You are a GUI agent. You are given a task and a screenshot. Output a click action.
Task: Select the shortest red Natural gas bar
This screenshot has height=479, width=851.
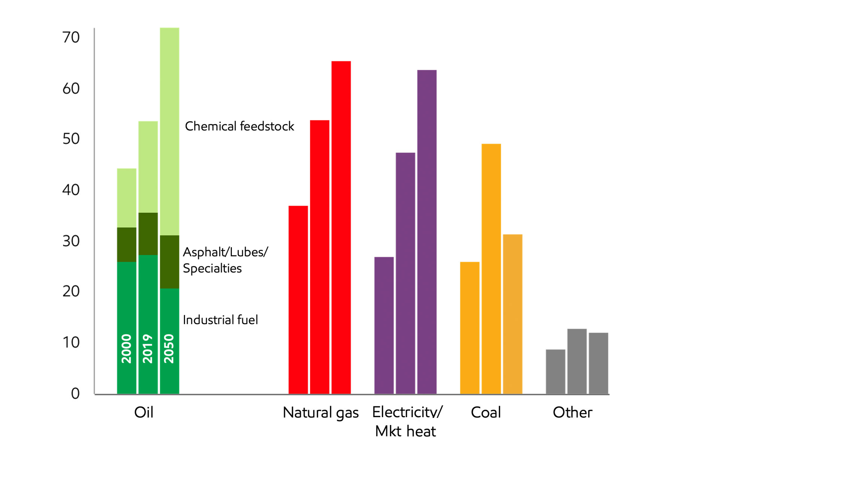[x=298, y=300]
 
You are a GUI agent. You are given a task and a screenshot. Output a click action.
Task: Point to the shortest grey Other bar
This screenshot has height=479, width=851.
[x=555, y=371]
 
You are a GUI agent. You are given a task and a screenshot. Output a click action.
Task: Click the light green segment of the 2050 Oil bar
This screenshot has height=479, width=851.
[x=169, y=131]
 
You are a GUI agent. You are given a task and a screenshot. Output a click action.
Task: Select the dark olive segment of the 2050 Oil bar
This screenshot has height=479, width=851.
[x=169, y=262]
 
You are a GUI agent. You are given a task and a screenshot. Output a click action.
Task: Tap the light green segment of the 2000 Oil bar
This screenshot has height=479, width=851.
[x=127, y=198]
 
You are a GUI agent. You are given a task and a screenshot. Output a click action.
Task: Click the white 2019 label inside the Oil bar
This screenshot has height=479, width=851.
[x=148, y=349]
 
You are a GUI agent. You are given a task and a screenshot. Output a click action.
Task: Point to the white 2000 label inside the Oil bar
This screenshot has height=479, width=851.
[x=127, y=349]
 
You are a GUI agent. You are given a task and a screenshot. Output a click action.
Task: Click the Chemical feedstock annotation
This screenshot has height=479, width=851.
[x=239, y=126]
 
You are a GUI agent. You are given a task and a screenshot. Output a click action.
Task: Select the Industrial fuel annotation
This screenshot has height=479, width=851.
[x=220, y=320]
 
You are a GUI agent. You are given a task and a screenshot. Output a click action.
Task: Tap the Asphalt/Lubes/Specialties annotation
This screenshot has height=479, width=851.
[x=225, y=260]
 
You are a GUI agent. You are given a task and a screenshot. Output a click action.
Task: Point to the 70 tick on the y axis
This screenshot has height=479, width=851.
[x=71, y=37]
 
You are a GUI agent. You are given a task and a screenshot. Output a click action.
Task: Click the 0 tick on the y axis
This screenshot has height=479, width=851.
[x=75, y=394]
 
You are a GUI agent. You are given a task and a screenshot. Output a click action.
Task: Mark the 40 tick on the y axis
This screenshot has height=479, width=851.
[x=71, y=190]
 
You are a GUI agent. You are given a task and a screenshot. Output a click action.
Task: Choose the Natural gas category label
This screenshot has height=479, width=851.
[x=321, y=413]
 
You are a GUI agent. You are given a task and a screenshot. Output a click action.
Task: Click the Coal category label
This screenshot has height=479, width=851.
[x=486, y=413]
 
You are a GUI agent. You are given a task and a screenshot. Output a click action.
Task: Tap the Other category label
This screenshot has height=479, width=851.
[x=572, y=413]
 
